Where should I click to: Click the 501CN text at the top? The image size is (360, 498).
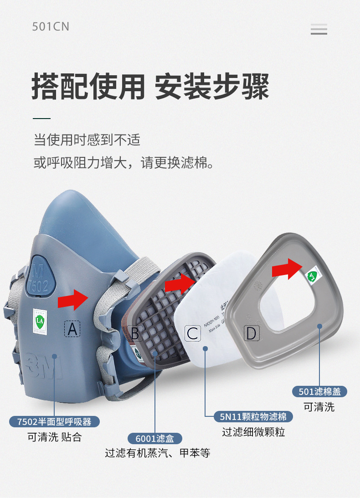51,26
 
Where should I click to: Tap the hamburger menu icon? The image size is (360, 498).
319,29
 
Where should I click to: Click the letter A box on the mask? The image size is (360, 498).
72,329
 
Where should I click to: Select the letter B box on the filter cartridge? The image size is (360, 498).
135,333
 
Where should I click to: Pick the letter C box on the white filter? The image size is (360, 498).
193,333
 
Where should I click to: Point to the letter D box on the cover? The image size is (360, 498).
251,333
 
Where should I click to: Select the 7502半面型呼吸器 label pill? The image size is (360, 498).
54,421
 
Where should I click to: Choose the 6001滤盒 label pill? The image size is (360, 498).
155,439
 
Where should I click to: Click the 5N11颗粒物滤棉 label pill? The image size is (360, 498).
253,416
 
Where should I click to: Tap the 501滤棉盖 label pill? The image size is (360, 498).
319,391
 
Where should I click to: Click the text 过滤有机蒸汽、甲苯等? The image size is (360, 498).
157,453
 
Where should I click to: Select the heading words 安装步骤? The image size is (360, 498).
212,86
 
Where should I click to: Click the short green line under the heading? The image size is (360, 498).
41,119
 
